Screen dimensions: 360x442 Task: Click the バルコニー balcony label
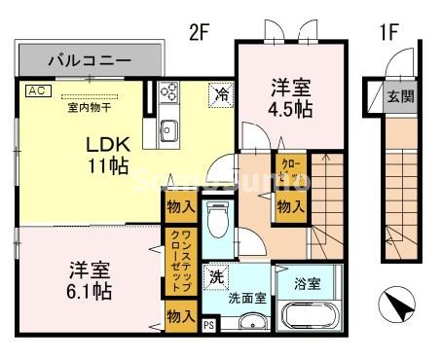pyautogui.click(x=89, y=59)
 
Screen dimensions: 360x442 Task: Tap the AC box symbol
pyautogui.click(x=36, y=90)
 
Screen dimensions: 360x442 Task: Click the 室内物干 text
pyautogui.click(x=89, y=107)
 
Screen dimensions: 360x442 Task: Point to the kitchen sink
pyautogui.click(x=168, y=129)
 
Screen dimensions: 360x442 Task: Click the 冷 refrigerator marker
pyautogui.click(x=222, y=94)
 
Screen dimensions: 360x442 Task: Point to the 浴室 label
pyautogui.click(x=306, y=283)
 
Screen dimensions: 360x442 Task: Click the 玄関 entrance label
pyautogui.click(x=399, y=96)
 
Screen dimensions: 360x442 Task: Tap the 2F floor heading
pyautogui.click(x=199, y=31)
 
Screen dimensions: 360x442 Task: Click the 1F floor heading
pyautogui.click(x=388, y=31)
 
